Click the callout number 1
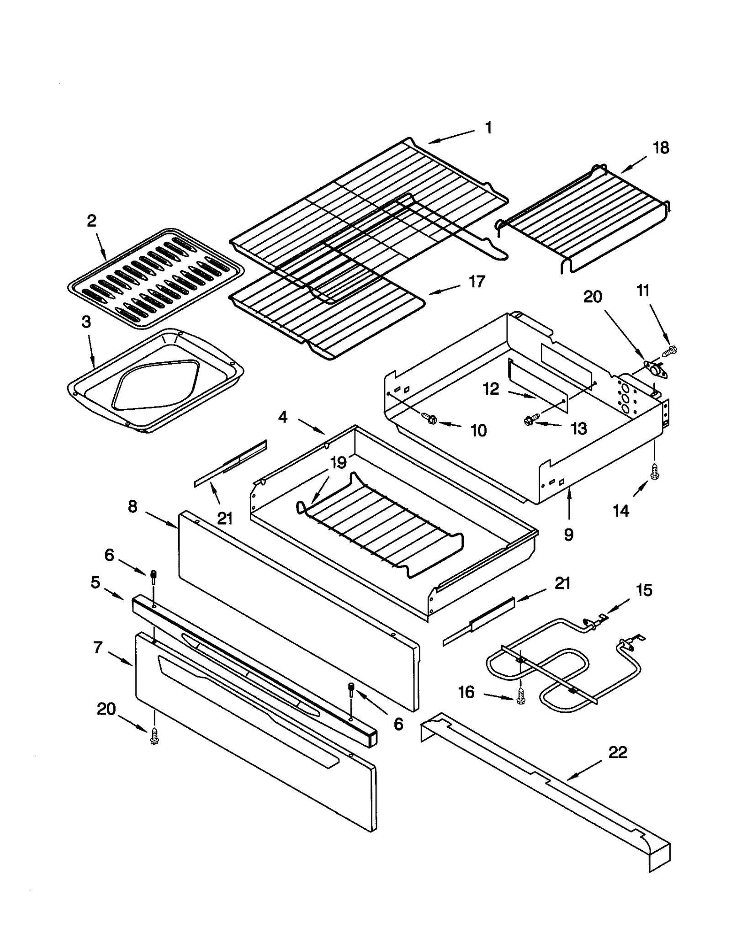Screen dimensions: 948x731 point(488,127)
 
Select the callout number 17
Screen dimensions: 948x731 point(477,281)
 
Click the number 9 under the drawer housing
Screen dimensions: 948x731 point(568,534)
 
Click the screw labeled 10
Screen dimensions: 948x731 point(429,418)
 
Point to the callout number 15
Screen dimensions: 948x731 point(644,590)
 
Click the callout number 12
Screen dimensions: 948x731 point(491,389)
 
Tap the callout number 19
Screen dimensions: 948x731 point(339,462)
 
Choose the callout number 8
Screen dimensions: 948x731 point(132,506)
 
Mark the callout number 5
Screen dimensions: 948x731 point(95,583)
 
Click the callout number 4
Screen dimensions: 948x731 point(283,417)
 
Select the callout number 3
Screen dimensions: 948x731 point(86,322)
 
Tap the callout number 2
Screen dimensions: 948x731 point(91,221)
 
